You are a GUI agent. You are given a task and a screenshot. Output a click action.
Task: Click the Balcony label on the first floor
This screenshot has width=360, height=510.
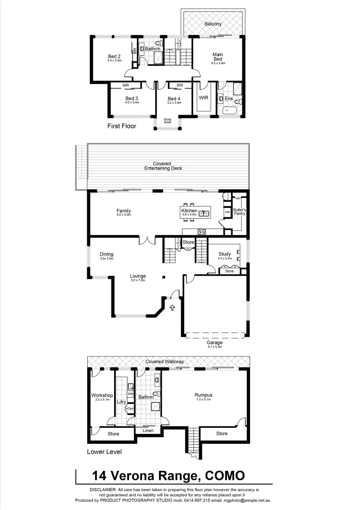tap(213, 24)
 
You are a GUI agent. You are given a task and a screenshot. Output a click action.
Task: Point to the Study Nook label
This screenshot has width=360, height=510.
tap(167, 121)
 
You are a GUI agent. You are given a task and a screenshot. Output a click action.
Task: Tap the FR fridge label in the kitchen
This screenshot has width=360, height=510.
tap(227, 213)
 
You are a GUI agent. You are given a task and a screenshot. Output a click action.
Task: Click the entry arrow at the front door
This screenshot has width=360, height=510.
tap(172, 308)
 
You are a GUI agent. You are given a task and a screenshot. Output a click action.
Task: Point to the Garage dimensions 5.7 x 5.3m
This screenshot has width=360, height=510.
tap(214, 347)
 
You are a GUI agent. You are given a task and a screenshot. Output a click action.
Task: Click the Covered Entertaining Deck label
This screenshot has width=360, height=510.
tap(163, 166)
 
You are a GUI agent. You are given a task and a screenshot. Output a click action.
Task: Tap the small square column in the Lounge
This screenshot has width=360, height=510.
tap(164, 277)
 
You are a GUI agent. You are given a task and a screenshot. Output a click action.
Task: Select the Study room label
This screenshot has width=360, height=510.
tap(224, 254)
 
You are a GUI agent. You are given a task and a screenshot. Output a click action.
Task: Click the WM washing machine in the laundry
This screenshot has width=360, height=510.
tap(130, 393)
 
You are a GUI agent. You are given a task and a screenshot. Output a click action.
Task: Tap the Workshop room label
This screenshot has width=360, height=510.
tap(102, 395)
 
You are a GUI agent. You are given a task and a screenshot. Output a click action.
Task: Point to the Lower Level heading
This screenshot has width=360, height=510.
tap(104, 452)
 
